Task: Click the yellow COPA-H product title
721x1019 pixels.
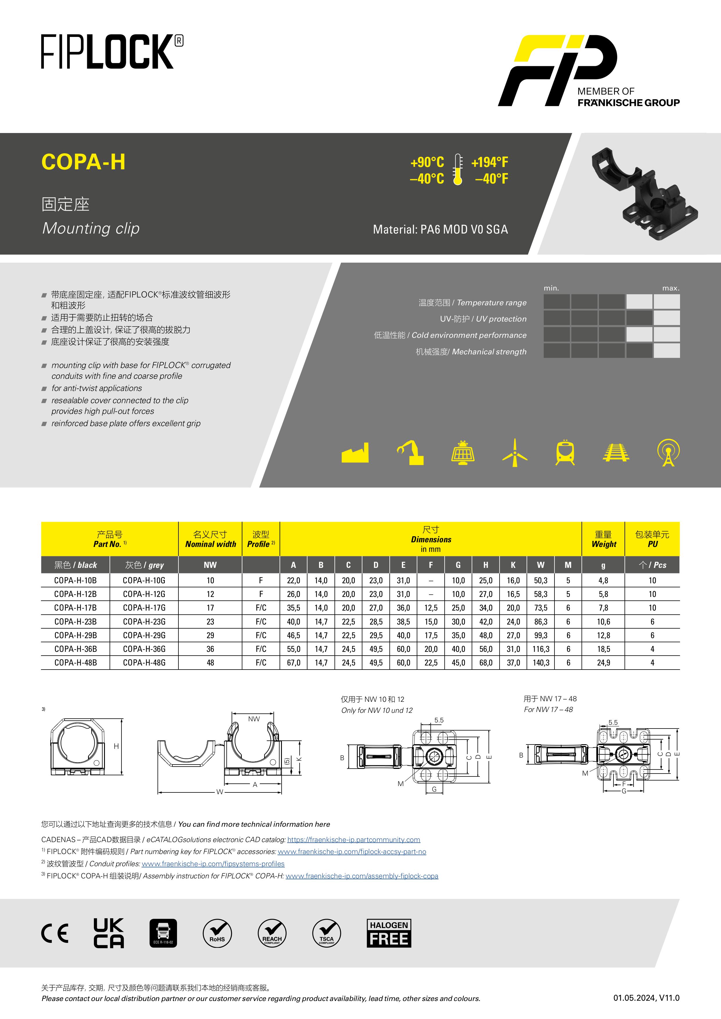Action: [x=83, y=162]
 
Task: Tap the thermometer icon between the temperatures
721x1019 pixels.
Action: [x=458, y=170]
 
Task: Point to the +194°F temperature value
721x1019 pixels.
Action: [x=490, y=162]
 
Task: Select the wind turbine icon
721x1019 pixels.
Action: [x=515, y=453]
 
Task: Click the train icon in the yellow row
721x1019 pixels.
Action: [x=565, y=453]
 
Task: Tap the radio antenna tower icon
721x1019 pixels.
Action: [x=668, y=453]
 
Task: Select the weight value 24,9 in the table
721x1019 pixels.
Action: [x=603, y=663]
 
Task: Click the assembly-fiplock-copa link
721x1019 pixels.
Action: [x=362, y=876]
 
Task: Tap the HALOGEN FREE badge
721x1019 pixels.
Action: [x=389, y=933]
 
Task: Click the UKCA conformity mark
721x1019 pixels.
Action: [x=109, y=933]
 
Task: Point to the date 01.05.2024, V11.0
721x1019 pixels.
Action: [x=646, y=998]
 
